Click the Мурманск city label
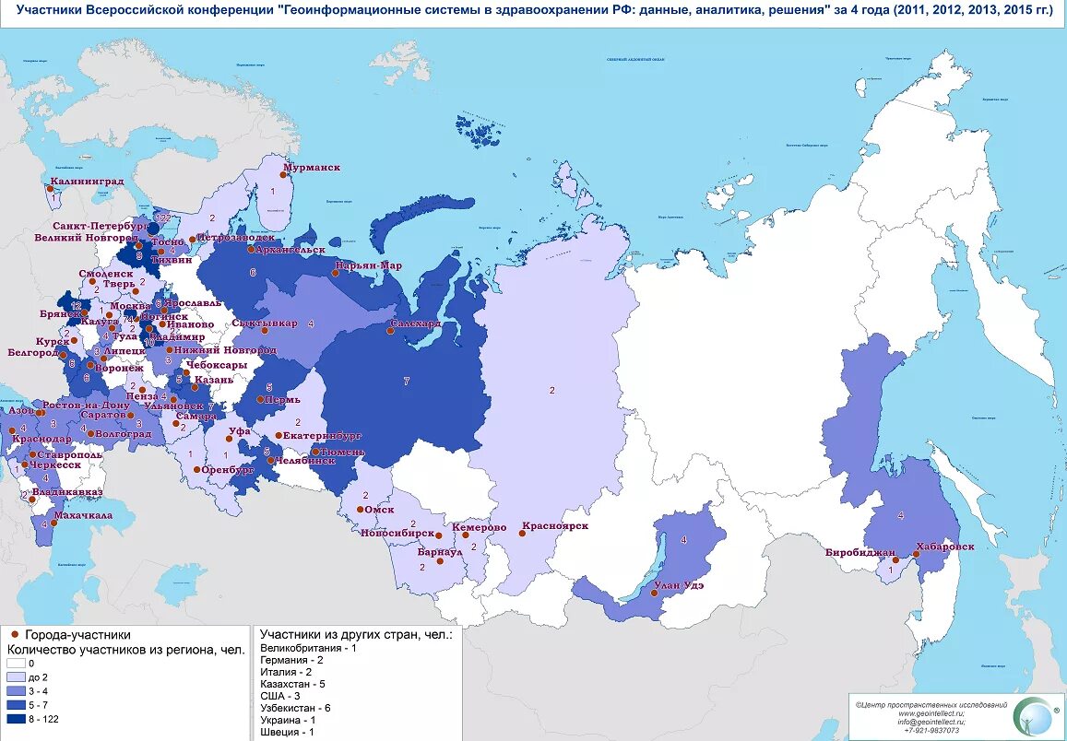tap(312, 168)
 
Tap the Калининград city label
tap(87, 182)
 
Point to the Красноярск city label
tap(555, 526)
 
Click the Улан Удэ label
tap(679, 585)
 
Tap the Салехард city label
tap(416, 324)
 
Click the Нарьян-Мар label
tap(369, 265)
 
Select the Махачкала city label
tap(84, 515)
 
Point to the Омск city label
tap(379, 510)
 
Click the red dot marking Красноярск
tap(523, 534)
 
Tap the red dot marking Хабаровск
tap(916, 554)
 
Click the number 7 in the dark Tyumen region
tap(406, 381)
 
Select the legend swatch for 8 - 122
tap(16, 719)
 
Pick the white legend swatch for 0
tap(16, 663)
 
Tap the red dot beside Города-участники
tap(15, 635)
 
